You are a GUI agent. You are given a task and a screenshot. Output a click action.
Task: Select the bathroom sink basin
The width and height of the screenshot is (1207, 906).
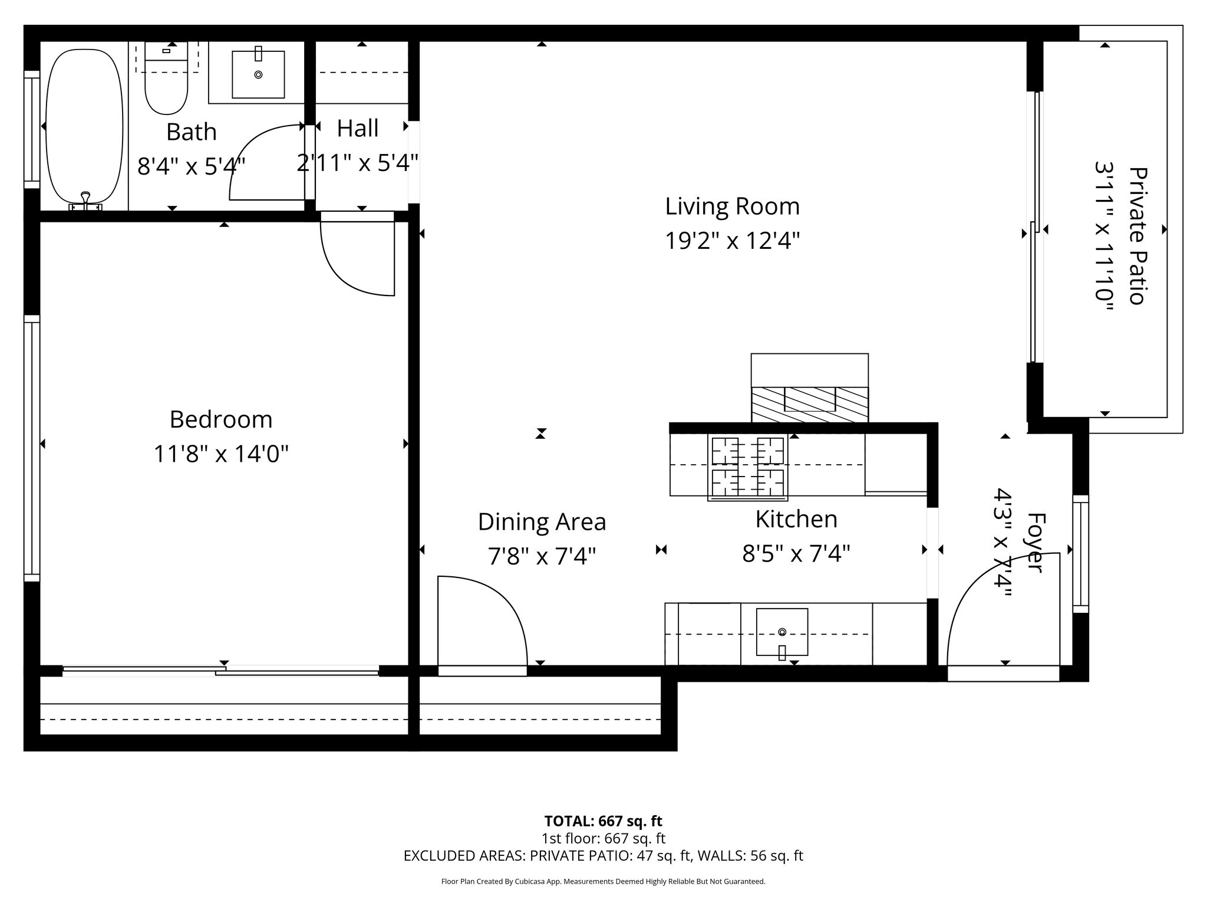(x=258, y=74)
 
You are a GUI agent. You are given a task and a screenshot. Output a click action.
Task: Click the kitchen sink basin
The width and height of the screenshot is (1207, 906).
(x=782, y=632)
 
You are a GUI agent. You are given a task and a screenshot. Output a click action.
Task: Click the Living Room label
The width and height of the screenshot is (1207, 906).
(x=733, y=206)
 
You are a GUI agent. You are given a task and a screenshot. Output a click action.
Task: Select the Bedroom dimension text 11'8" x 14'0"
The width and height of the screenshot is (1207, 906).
(x=221, y=454)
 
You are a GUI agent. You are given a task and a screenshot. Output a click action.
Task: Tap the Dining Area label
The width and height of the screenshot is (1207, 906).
(x=542, y=522)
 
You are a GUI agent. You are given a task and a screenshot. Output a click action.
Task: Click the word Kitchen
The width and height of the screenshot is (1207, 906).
(x=796, y=519)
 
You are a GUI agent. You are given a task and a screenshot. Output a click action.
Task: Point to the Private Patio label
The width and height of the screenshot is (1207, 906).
(x=1138, y=236)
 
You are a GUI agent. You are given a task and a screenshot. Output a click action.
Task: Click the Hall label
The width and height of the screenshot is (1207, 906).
(x=358, y=129)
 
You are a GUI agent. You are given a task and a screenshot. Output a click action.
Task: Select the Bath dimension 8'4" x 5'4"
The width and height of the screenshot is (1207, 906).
(x=192, y=167)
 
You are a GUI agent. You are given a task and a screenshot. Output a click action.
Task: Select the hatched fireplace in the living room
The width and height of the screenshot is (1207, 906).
(x=809, y=405)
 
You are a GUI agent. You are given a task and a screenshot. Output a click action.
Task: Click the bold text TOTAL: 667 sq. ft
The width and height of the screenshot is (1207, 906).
(x=603, y=821)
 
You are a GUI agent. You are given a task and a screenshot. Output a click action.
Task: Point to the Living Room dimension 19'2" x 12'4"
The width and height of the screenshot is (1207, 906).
(x=733, y=241)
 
